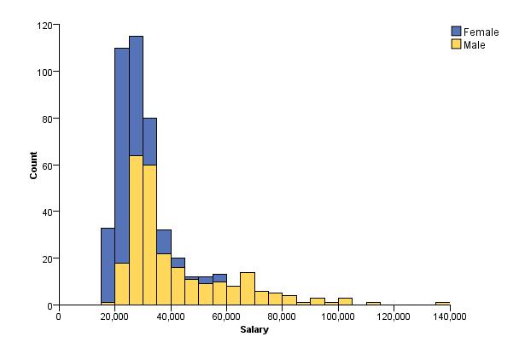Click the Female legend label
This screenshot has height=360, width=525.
tap(481, 32)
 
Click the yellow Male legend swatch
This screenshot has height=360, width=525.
tap(456, 44)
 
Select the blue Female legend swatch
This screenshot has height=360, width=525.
tap(456, 32)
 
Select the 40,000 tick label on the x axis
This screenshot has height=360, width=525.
tap(171, 316)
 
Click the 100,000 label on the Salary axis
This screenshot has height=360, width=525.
tap(338, 316)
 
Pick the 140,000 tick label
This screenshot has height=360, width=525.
tap(450, 316)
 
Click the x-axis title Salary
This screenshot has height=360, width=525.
tap(254, 329)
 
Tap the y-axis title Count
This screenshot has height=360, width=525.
tap(34, 165)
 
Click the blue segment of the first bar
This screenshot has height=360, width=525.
tap(108, 264)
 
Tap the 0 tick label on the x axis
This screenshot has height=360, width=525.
tap(58, 316)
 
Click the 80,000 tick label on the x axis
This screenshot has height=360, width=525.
tap(283, 316)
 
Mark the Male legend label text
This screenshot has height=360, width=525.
tap(475, 44)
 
